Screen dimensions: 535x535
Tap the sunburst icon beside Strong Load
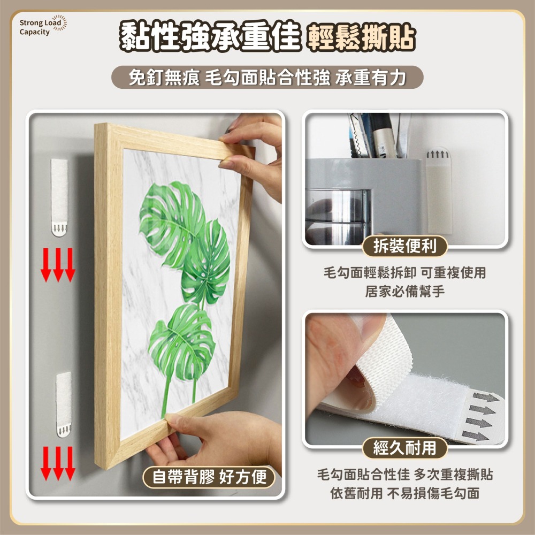[x=60, y=23]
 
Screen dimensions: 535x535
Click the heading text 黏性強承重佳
[x=210, y=36]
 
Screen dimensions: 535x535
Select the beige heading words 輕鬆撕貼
[x=361, y=37]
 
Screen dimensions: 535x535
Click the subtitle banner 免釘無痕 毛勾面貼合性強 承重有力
[x=267, y=78]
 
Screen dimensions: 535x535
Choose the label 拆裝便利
[x=404, y=246]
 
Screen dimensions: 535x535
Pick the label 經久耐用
[x=404, y=448]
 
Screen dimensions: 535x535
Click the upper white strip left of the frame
[x=59, y=197]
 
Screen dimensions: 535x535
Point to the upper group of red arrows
[x=58, y=265]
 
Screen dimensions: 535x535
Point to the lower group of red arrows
[x=58, y=463]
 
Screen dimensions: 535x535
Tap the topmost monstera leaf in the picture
[x=172, y=224]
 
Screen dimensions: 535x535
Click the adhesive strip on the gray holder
[x=439, y=191]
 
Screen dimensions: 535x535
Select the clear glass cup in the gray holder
[x=338, y=216]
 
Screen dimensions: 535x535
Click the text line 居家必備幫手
[x=404, y=292]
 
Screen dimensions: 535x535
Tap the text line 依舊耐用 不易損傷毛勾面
[x=404, y=493]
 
